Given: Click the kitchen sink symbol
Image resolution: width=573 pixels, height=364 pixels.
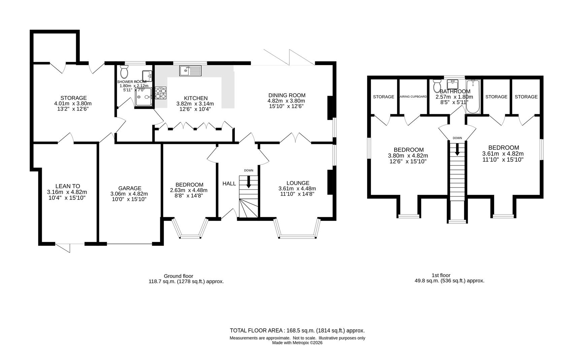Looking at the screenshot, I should pyautogui.click(x=190, y=70).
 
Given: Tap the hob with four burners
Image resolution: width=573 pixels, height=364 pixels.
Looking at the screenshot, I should pyautogui.click(x=161, y=93).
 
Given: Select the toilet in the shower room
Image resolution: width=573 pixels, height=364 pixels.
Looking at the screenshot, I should pyautogui.click(x=124, y=71).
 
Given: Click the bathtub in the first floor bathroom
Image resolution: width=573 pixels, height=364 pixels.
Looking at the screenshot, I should pyautogui.click(x=473, y=97).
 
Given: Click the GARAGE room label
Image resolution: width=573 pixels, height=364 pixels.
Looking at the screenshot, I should pyautogui.click(x=130, y=188).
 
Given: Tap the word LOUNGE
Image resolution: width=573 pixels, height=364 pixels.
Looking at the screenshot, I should pyautogui.click(x=298, y=183).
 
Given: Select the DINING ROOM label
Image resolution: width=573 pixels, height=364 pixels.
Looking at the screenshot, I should pyautogui.click(x=287, y=95).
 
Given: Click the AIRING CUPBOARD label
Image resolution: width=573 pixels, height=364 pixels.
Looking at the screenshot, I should pyautogui.click(x=413, y=97).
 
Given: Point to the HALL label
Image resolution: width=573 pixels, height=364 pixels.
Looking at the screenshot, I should pyautogui.click(x=229, y=184).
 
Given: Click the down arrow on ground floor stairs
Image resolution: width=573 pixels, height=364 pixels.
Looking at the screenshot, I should pyautogui.click(x=249, y=182).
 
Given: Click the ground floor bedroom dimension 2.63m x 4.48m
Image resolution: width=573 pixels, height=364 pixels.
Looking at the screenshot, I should pyautogui.click(x=189, y=190).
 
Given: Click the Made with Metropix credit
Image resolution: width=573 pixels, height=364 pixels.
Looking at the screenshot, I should pyautogui.click(x=297, y=343).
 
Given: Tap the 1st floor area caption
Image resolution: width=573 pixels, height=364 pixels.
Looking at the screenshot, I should pyautogui.click(x=449, y=278).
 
